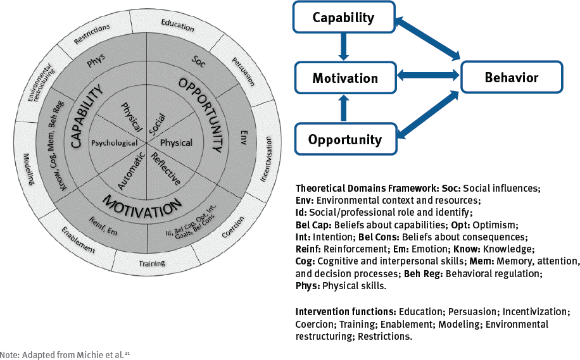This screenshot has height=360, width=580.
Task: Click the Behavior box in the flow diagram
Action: coord(511,78)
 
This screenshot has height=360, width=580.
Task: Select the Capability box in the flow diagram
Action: coord(343,17)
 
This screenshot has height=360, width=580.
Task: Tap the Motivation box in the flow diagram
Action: coord(345,78)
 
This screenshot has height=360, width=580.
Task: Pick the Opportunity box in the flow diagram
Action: coord(345,139)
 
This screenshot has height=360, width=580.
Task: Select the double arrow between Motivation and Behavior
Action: coord(428,77)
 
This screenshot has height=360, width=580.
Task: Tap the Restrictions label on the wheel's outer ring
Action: coord(92,33)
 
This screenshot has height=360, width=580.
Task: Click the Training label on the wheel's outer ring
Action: coord(151,263)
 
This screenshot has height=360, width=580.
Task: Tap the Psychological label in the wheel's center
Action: coord(114,143)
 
